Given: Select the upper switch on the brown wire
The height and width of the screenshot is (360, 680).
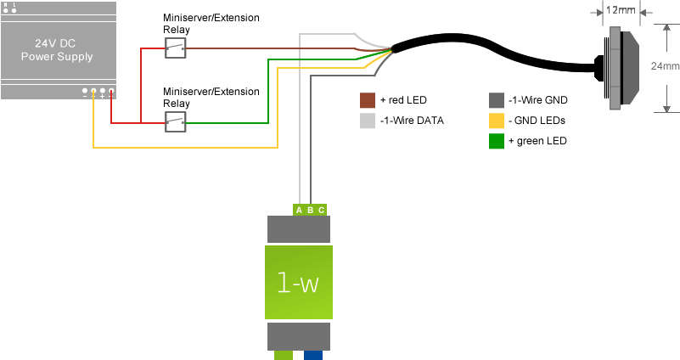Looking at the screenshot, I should pyautogui.click(x=176, y=48).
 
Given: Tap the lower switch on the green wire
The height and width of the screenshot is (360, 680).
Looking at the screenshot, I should pyautogui.click(x=176, y=122).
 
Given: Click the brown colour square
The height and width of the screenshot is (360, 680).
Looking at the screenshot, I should pyautogui.click(x=368, y=100).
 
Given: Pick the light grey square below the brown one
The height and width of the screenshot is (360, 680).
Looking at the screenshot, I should pyautogui.click(x=368, y=121).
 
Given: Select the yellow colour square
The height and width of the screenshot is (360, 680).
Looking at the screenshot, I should pyautogui.click(x=497, y=121).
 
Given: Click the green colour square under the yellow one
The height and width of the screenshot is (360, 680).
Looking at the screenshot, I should pyautogui.click(x=497, y=141).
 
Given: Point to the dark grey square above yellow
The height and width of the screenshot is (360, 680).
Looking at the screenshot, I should pyautogui.click(x=497, y=100).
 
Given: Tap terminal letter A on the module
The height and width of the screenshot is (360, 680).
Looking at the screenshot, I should pyautogui.click(x=299, y=210).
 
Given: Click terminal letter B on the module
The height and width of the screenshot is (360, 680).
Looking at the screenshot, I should pyautogui.click(x=310, y=210).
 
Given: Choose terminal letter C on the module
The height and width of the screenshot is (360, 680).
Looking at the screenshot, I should pyautogui.click(x=321, y=210).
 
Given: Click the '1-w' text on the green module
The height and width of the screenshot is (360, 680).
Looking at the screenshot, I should pyautogui.click(x=298, y=283).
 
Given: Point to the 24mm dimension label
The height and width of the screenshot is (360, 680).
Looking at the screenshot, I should pyautogui.click(x=664, y=65).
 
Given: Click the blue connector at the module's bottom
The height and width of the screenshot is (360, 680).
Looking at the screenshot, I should pyautogui.click(x=313, y=356).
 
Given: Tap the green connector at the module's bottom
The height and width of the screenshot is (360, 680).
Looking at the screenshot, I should pyautogui.click(x=284, y=356).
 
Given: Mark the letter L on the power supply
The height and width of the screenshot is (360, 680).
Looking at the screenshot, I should pyautogui.click(x=14, y=5).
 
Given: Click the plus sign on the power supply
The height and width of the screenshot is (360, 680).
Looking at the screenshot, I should pyautogui.click(x=103, y=97).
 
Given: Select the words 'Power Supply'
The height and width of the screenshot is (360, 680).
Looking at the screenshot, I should pyautogui.click(x=56, y=57).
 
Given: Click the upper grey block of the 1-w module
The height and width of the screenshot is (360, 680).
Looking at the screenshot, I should pyautogui.click(x=298, y=229).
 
